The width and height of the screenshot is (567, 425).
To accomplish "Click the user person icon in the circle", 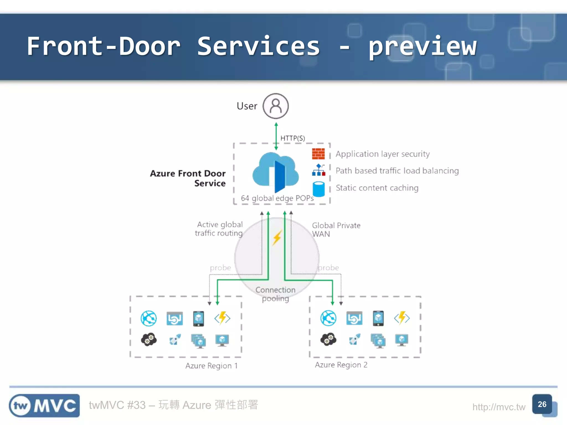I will (275, 106).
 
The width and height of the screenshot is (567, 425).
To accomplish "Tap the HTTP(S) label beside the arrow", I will (292, 138).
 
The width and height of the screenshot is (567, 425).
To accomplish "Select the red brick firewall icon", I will (318, 154).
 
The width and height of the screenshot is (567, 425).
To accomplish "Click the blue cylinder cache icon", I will (318, 189).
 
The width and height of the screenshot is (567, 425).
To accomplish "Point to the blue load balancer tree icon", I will (318, 170).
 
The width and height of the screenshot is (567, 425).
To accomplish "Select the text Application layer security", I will (382, 154).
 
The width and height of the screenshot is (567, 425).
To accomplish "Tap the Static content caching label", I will (377, 188).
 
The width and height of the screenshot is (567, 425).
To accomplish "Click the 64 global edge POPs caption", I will (277, 198).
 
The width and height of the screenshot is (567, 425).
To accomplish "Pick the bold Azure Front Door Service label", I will (188, 178).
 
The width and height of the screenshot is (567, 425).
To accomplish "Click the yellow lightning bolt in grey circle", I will (277, 238).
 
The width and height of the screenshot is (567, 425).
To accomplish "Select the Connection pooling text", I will (275, 294).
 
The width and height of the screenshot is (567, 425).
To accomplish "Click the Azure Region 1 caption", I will (212, 366).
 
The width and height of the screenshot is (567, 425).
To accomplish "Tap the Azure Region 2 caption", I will (341, 365).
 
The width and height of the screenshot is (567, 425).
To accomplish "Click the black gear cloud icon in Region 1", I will (149, 340).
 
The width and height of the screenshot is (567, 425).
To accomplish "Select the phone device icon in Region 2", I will (378, 318).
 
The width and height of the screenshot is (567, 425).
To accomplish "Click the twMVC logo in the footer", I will (44, 406).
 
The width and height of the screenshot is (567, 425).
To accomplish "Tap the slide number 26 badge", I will (542, 404).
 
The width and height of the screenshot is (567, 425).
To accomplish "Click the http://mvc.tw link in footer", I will (499, 407).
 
